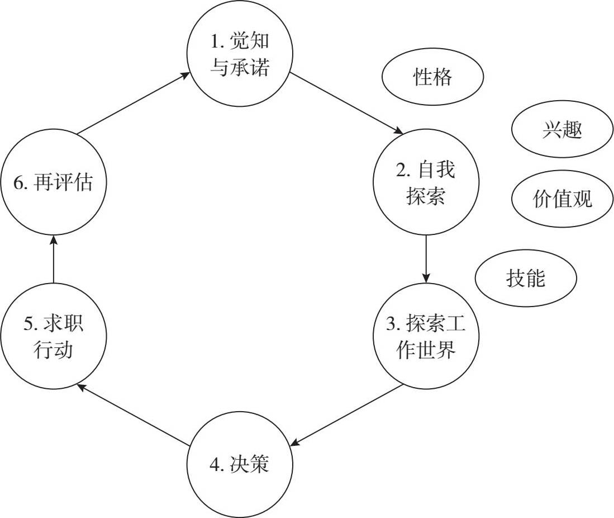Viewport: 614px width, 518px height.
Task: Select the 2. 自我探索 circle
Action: (x=426, y=182)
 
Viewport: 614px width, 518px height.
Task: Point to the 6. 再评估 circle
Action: (x=53, y=182)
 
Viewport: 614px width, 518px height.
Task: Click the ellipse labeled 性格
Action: (x=432, y=78)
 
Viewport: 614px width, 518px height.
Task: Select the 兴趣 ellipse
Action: (x=561, y=131)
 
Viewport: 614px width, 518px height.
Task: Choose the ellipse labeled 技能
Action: (x=525, y=278)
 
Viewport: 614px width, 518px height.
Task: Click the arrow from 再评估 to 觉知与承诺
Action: (x=133, y=103)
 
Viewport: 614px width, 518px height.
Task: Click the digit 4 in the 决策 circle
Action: (x=218, y=464)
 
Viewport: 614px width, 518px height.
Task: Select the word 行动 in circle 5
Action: (x=53, y=351)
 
